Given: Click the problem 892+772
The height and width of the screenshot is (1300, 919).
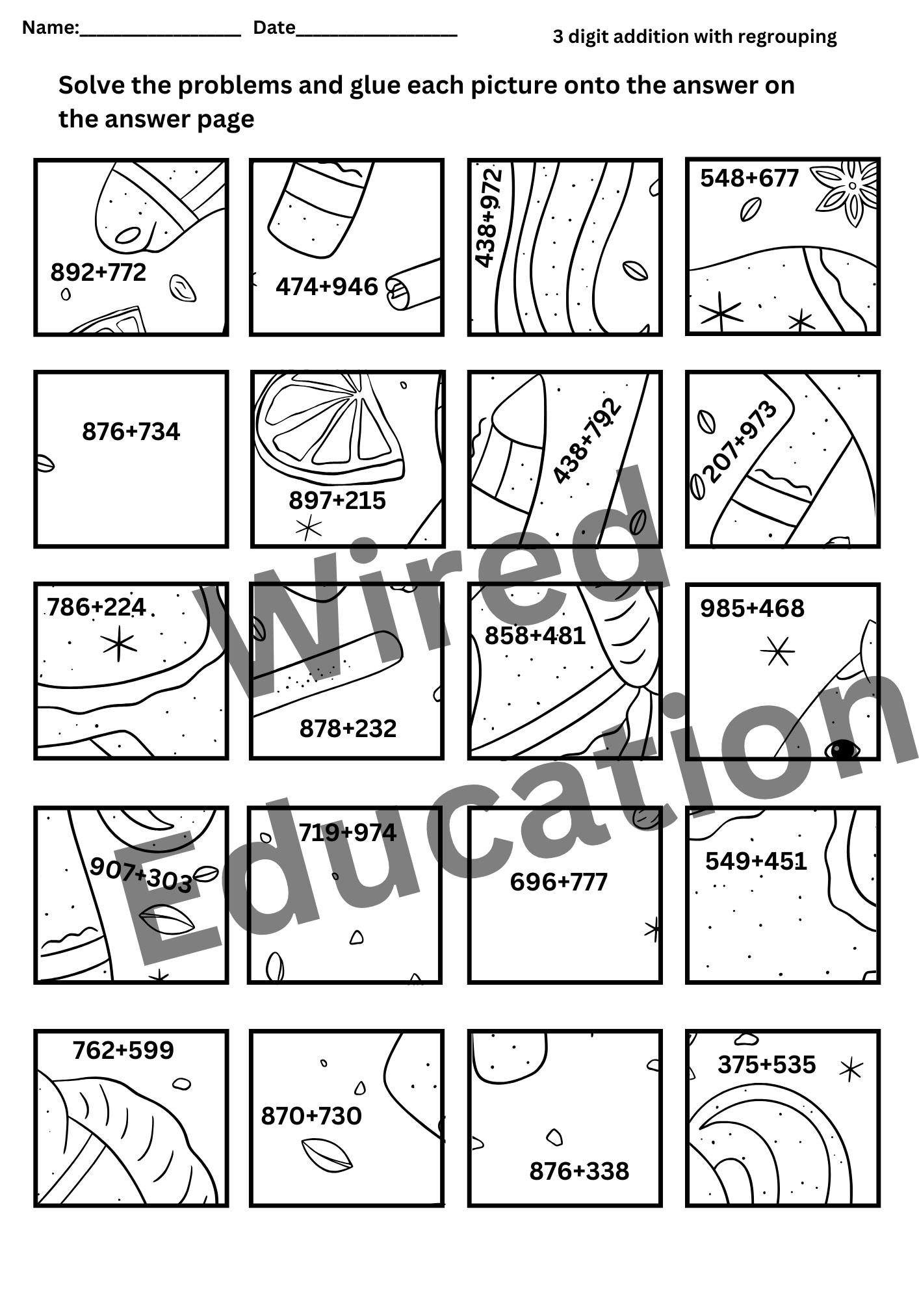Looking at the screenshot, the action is [x=98, y=272].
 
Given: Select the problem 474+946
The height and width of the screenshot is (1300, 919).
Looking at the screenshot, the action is [x=327, y=287].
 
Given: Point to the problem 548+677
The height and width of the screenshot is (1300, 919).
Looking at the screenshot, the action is [x=749, y=178].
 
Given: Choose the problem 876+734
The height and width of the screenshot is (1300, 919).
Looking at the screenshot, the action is [x=131, y=432].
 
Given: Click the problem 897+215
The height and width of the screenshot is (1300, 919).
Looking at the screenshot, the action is [x=337, y=500].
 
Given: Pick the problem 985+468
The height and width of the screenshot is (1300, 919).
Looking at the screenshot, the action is [x=752, y=608].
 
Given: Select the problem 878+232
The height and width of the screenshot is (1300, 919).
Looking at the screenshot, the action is [x=348, y=729].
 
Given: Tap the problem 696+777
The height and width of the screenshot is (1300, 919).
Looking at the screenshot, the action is [x=558, y=882].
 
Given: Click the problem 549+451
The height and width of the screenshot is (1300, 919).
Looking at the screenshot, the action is [x=756, y=861].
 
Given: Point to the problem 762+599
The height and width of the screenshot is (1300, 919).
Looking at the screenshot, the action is [x=123, y=1050].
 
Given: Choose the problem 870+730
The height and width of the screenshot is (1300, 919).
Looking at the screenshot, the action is [x=311, y=1116].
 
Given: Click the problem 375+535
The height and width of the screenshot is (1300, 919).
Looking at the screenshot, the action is [x=766, y=1065].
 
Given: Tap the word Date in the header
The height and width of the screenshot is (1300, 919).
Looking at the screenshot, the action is [x=274, y=27].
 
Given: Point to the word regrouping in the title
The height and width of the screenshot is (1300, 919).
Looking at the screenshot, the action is [x=787, y=38].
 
